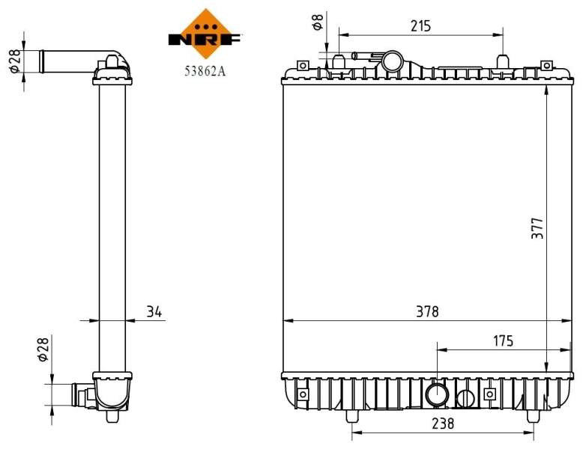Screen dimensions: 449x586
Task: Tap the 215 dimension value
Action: point(420,26)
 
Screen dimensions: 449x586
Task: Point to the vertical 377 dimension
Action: point(537,228)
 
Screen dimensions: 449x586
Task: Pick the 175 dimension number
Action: point(503,341)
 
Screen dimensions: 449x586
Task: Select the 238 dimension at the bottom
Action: point(443,423)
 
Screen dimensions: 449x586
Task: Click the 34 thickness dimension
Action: point(155,311)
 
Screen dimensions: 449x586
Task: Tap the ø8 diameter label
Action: point(318,22)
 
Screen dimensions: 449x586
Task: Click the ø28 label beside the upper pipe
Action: point(13,60)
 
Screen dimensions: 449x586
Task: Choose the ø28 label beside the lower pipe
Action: point(43,349)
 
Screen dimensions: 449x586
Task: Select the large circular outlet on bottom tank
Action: point(436,394)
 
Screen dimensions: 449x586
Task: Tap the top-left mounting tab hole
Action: point(303,66)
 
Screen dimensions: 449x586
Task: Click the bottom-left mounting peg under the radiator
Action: point(352,415)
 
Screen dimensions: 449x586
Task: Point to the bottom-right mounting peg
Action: point(533,415)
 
